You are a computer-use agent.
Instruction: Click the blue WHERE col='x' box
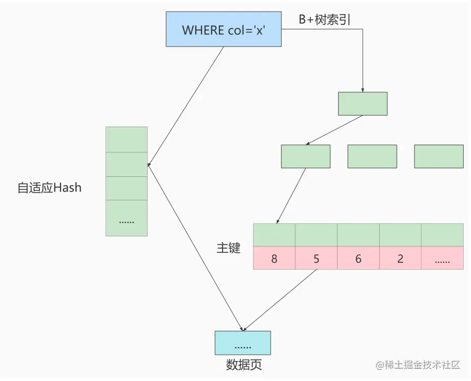pyautogui.click(x=223, y=29)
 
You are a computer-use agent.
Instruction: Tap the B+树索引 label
pyautogui.click(x=324, y=20)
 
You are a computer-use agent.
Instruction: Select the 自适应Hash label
pyautogui.click(x=50, y=187)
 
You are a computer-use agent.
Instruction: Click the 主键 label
pyautogui.click(x=228, y=247)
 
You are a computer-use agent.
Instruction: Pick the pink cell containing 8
pyautogui.click(x=274, y=259)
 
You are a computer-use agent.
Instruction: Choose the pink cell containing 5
pyautogui.click(x=316, y=259)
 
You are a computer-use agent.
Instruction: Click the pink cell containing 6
pyautogui.click(x=358, y=259)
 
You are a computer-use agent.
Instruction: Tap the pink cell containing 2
pyautogui.click(x=400, y=259)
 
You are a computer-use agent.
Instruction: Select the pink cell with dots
pyautogui.click(x=442, y=259)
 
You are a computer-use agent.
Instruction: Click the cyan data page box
pyautogui.click(x=243, y=343)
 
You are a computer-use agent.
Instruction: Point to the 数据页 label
pyautogui.click(x=244, y=365)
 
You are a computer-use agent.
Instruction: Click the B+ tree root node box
pyautogui.click(x=362, y=103)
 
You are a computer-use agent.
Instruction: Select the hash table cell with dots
pyautogui.click(x=127, y=218)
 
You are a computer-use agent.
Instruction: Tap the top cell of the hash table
pyautogui.click(x=127, y=139)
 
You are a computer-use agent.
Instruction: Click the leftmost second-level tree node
pyautogui.click(x=305, y=156)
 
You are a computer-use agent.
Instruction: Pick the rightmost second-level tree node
pyautogui.click(x=439, y=156)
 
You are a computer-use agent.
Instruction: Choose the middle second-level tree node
pyautogui.click(x=372, y=156)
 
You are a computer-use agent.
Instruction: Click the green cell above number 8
pyautogui.click(x=274, y=235)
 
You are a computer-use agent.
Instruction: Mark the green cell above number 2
pyautogui.click(x=400, y=235)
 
